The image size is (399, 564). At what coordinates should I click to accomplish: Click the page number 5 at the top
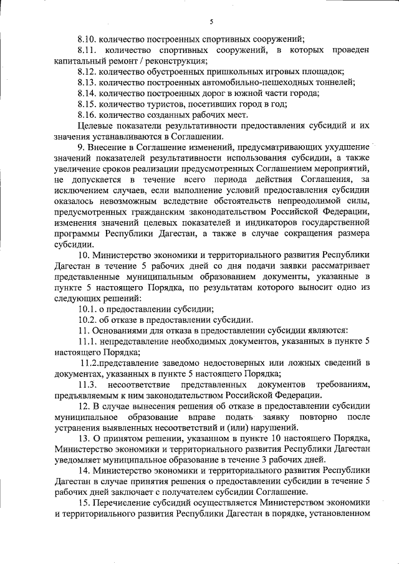(211, 22)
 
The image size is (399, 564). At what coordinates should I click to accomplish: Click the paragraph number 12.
(84, 406)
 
